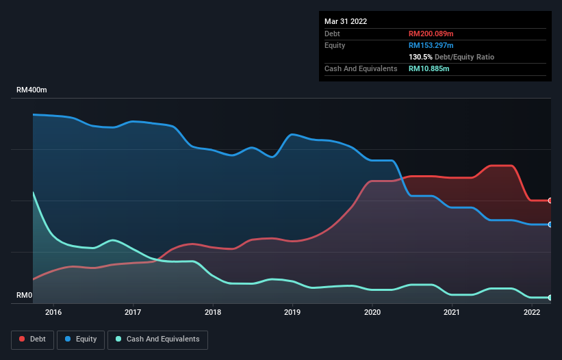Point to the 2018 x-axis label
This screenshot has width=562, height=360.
pos(213,313)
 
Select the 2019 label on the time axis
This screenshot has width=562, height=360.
pos(292,313)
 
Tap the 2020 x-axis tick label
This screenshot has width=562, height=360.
pos(372,313)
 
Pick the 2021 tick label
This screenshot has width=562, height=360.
pos(452,313)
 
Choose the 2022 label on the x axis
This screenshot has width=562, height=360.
pos(532,313)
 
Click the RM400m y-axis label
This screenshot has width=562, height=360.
pos(32,90)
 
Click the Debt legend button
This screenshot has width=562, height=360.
pos(31,339)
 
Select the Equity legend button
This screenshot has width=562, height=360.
pos(81,339)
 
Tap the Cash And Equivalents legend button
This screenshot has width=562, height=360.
pos(157,339)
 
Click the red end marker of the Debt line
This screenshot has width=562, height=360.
pos(550,201)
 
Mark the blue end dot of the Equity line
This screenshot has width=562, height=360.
pos(550,224)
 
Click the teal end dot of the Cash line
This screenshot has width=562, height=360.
pos(550,298)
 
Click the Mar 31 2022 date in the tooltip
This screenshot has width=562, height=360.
pos(346,21)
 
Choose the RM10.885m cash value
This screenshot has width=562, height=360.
pos(429,68)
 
